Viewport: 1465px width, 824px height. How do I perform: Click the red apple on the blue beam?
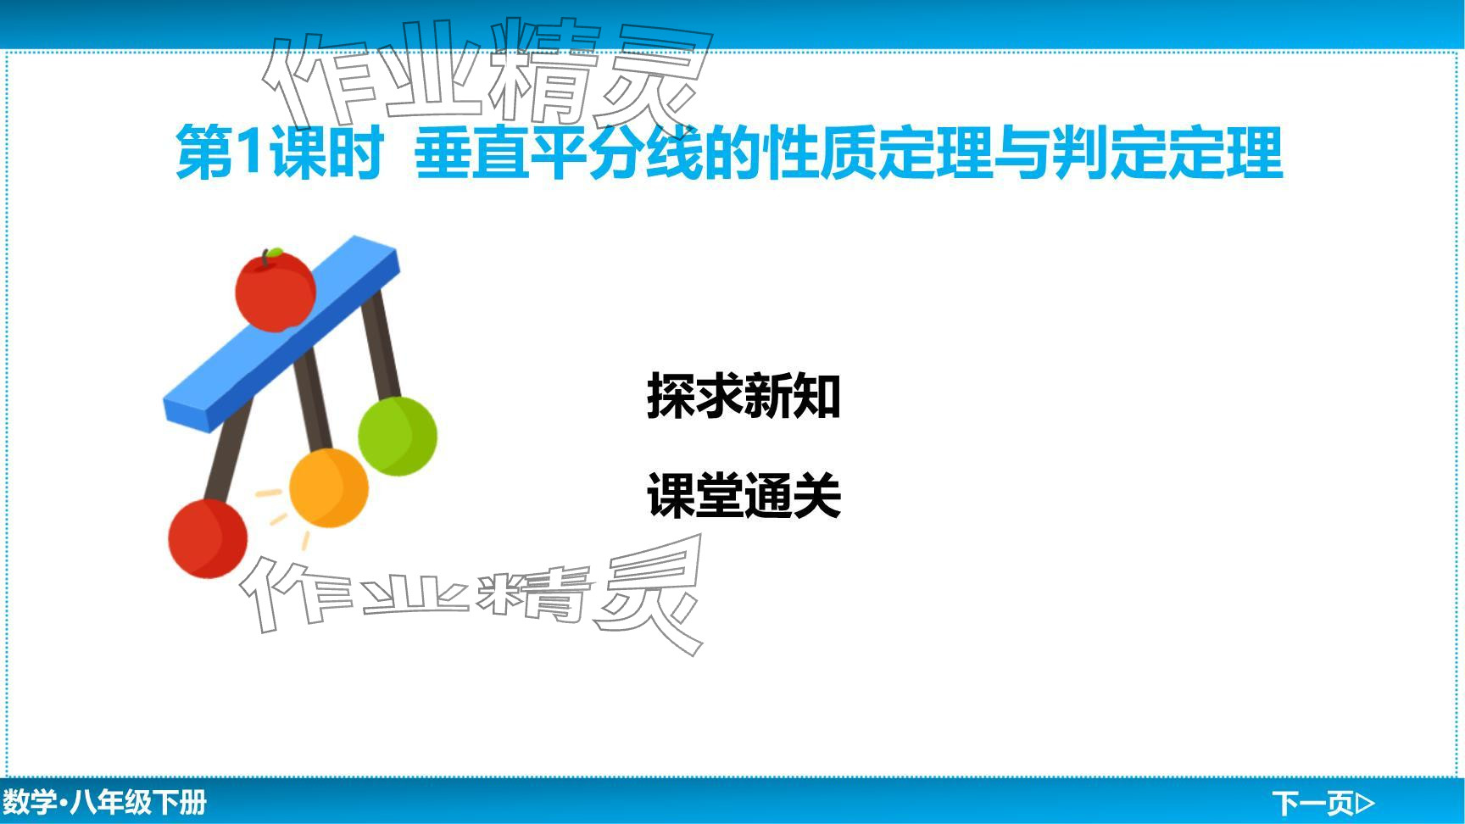pos(275,290)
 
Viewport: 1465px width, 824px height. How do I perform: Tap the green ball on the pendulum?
pos(398,436)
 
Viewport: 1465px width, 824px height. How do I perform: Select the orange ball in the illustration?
pos(329,488)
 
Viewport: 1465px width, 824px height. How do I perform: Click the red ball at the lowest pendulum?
pos(208,539)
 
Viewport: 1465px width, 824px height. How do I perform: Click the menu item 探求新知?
pos(744,395)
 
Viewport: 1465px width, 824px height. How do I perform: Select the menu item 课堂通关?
pos(744,496)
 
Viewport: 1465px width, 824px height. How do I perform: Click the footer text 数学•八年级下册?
pos(104,802)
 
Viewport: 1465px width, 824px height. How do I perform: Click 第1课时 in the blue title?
pos(280,154)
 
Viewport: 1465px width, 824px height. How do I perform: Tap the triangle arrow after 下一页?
pos(1365,802)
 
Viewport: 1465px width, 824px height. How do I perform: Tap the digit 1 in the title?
pos(251,153)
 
